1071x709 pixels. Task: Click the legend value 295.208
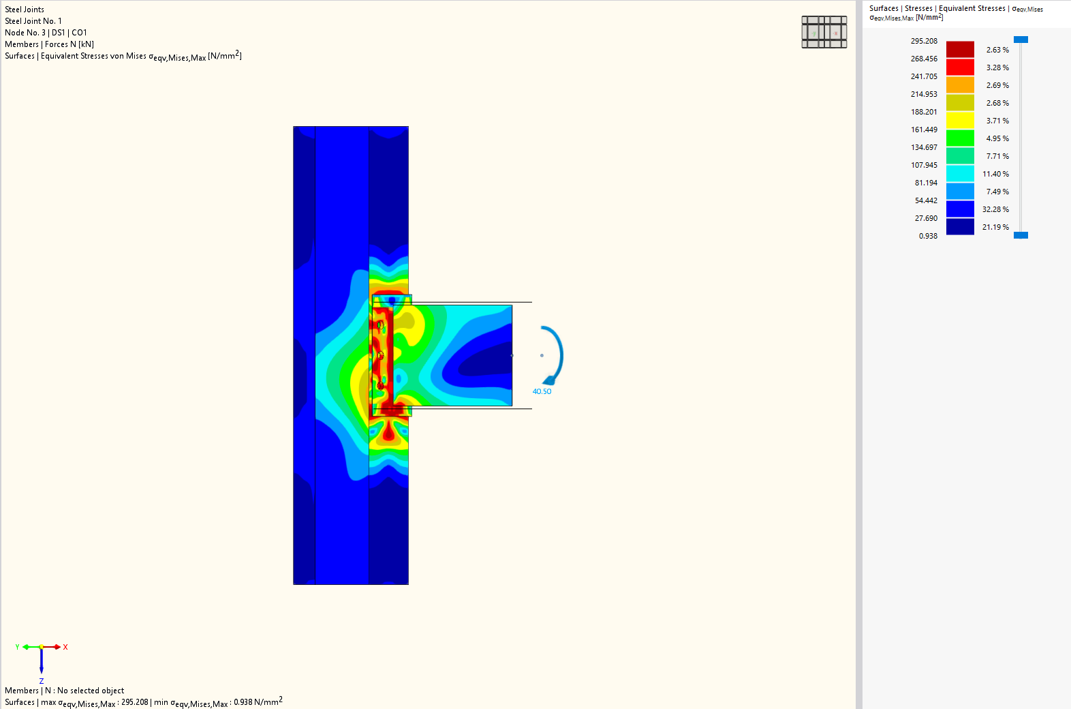923,41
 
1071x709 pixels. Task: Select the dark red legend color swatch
960,49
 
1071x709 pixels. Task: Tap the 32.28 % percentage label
995,209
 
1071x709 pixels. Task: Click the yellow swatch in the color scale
960,120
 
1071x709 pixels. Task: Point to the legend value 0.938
928,236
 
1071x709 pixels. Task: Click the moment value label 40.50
542,391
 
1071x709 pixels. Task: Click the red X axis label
65,647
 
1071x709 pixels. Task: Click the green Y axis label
17,647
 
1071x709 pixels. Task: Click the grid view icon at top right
824,32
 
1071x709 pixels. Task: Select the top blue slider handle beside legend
1020,40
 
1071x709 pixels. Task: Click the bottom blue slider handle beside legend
1020,235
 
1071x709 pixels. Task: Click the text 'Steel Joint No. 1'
33,21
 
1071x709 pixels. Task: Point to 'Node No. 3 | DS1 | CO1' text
46,33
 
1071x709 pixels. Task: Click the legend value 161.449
923,130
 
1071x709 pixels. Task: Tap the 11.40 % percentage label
995,174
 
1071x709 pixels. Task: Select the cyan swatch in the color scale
960,173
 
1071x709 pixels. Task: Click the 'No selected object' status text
91,691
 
